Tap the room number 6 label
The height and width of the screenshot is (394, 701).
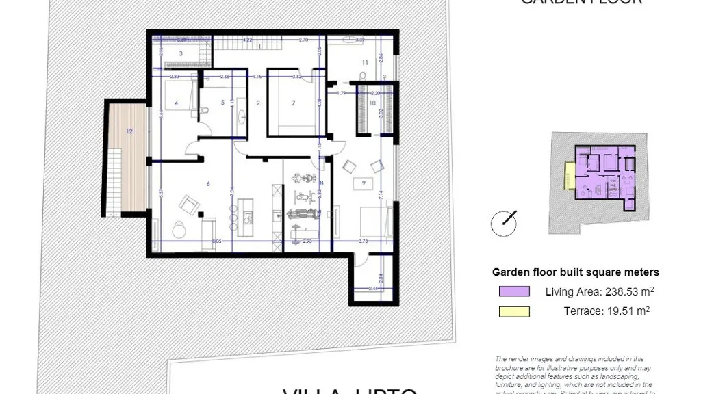pos(207,183)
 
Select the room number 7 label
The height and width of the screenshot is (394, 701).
pos(292,103)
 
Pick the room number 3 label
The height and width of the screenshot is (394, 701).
pos(181,53)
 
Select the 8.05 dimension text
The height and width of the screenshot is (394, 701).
pos(216,241)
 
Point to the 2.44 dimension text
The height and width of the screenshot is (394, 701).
pos(373,289)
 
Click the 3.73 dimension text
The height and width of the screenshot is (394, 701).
pos(364,241)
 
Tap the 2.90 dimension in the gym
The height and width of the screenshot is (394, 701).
pos(307,242)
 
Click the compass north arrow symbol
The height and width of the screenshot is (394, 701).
pos(505,222)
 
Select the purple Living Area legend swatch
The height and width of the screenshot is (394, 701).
pos(514,291)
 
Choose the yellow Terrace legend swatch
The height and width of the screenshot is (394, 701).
pos(514,311)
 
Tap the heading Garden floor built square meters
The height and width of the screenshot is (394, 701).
pos(575,272)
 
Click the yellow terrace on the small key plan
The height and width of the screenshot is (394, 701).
pos(568,176)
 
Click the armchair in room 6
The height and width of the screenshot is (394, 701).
pos(188,204)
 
